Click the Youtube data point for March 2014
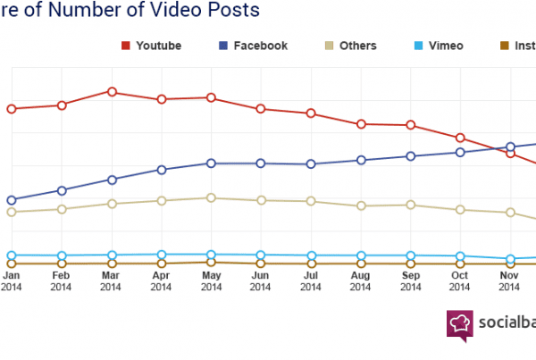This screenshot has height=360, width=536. tap(112, 91)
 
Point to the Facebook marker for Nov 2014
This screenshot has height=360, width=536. tap(510, 147)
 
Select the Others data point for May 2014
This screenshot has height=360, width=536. tap(211, 197)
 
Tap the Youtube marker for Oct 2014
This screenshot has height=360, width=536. tap(460, 138)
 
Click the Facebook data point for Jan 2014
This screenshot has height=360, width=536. tap(12, 200)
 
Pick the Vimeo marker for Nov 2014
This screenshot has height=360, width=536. tap(510, 259)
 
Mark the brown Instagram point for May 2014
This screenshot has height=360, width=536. tap(211, 262)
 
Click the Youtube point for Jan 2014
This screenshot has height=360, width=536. tap(12, 109)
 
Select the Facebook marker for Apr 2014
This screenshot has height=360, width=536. tap(162, 169)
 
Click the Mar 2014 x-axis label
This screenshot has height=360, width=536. tap(111, 280)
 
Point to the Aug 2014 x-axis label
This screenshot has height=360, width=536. tap(360, 280)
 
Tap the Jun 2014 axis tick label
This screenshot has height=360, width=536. tap(261, 280)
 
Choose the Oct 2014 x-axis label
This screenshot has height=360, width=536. tap(460, 280)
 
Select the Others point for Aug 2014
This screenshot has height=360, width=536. tap(361, 205)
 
